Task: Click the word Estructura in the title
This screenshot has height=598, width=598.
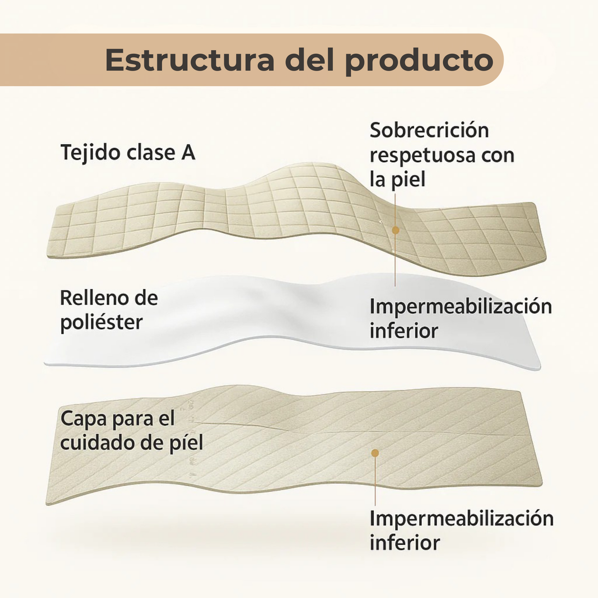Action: coord(190,60)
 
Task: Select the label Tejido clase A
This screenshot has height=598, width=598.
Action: coord(128,153)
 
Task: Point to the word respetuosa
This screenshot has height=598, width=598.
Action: coord(423,156)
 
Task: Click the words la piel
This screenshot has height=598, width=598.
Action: coord(397,180)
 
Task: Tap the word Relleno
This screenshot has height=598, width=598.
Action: coord(92,298)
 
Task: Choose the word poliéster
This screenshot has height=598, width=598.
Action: coord(101,322)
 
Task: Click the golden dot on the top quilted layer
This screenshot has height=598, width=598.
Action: coord(395,230)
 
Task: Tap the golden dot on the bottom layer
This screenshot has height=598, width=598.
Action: coord(375,453)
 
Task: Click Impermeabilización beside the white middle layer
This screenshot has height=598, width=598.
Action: coord(461,307)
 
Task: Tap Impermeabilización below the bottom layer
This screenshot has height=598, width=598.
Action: coord(461,519)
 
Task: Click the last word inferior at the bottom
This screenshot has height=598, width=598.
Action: coord(405,543)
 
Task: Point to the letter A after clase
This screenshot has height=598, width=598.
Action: coord(188,153)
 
